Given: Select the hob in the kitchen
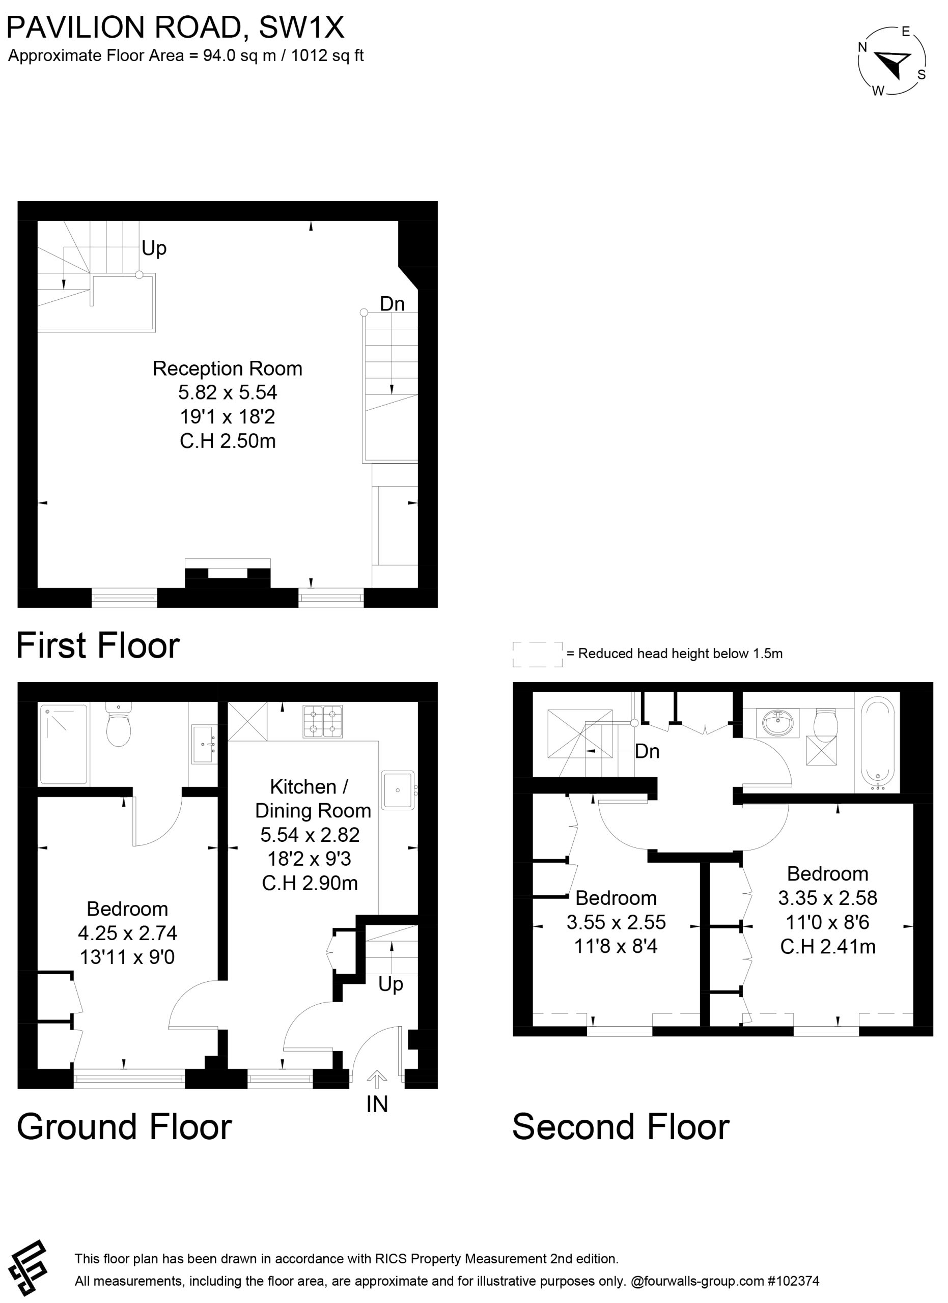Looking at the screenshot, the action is pos(323,722).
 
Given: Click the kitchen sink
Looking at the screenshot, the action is pos(398,790).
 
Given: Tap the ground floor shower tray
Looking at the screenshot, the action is pos(64,745).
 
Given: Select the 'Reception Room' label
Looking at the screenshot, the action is pos(228,369).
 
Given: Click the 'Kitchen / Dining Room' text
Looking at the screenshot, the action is pos(312,799).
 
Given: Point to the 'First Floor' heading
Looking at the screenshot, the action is pos(98,645).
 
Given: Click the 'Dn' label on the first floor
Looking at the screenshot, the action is pos(393,304).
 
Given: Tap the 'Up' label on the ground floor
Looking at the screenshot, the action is pos(391,985).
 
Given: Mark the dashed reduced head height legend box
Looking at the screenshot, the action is pos(537,654).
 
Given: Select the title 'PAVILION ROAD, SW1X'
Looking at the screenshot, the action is pos(175,27).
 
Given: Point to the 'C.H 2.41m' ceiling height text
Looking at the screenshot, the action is pos(828,946).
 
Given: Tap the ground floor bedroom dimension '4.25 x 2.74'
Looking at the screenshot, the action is pos(128,933).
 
